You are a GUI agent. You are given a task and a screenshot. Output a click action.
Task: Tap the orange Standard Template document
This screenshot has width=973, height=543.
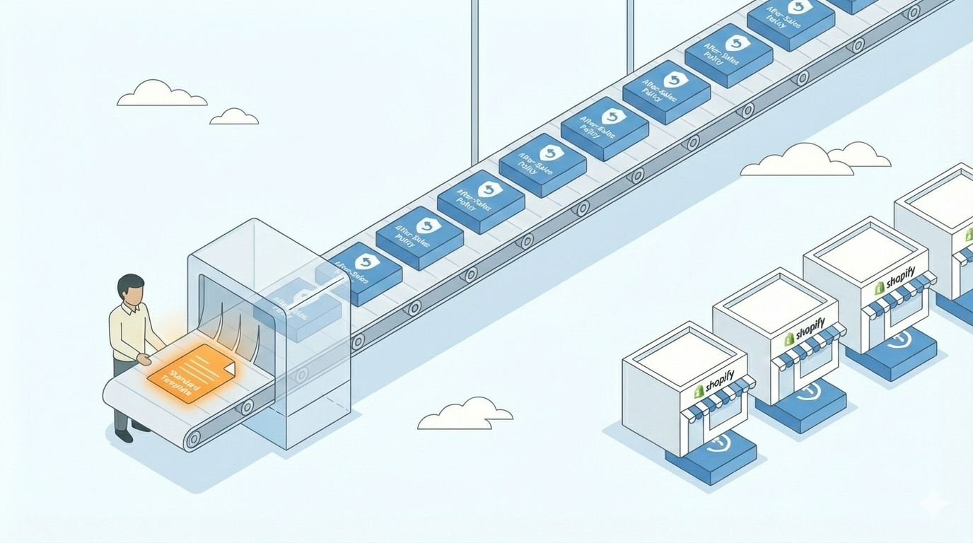point(190,373)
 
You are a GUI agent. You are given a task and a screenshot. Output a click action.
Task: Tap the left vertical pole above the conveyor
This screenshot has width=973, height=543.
point(474,78)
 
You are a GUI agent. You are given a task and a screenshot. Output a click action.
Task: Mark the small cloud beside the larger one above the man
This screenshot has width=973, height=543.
point(234,117)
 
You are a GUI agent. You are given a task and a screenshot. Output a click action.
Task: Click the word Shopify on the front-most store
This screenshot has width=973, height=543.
point(721,383)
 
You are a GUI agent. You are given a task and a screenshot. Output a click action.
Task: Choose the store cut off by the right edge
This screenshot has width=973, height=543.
point(940,226)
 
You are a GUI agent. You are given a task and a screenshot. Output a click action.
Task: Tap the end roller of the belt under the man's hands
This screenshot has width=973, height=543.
point(192,440)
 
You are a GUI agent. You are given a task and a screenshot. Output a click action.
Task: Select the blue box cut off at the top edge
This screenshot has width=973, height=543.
point(852,4)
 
